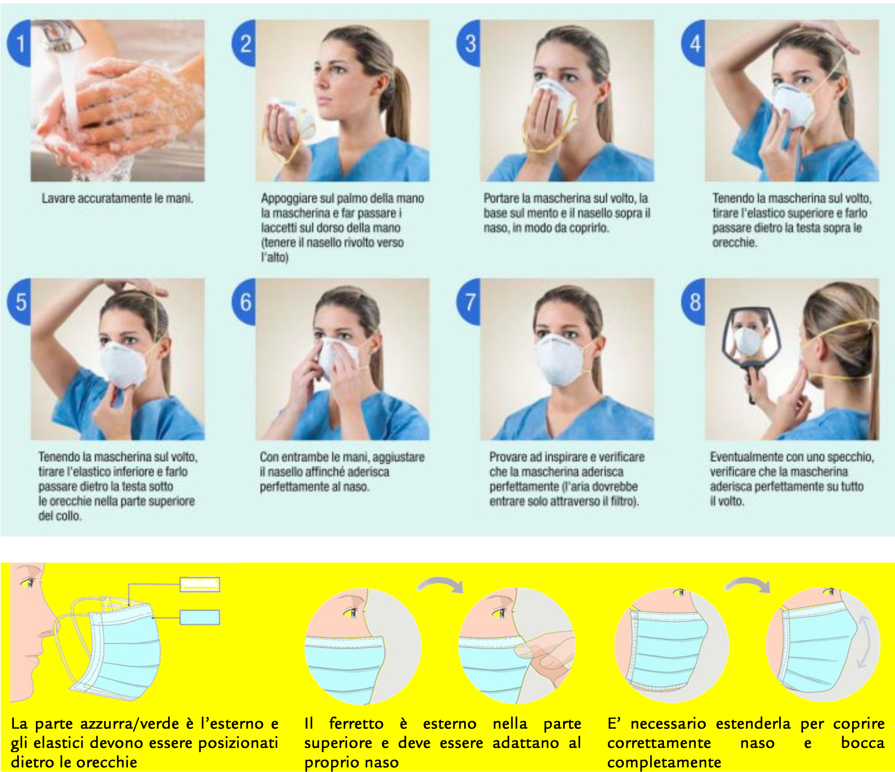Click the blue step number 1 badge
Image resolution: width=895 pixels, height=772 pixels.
[19, 43]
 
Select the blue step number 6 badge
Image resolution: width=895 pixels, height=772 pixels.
[244, 302]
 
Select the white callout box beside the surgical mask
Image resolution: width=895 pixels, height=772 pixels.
[199, 585]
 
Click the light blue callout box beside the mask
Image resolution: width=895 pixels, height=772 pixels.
[199, 618]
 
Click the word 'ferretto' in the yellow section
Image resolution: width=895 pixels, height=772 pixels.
[356, 723]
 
